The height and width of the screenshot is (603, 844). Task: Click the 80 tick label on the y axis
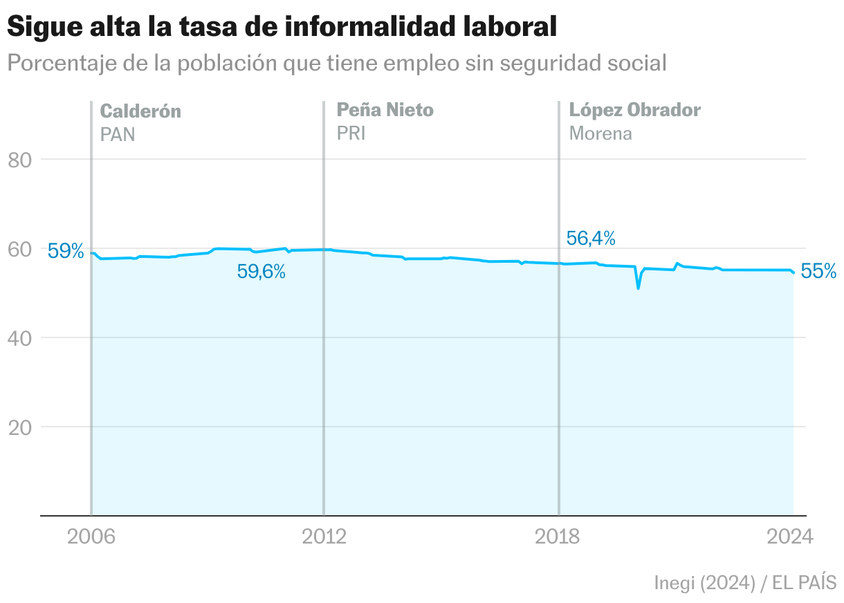point(21,160)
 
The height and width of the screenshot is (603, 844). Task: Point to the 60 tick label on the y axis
point(21,249)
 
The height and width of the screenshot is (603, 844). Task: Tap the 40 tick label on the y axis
point(21,338)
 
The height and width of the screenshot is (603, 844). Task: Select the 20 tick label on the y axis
point(21,427)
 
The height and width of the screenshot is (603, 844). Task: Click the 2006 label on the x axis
point(91,537)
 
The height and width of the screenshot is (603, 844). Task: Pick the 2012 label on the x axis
point(324,537)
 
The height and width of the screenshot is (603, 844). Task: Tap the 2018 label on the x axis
point(559,537)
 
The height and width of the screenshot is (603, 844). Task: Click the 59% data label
point(65,251)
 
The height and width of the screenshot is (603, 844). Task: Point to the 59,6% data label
point(262,272)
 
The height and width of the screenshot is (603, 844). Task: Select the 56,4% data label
point(591,239)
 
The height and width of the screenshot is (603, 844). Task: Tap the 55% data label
point(818,272)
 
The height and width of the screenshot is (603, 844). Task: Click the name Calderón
point(140,111)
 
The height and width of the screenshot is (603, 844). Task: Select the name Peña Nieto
point(385,109)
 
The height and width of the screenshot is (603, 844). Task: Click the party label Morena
point(600,133)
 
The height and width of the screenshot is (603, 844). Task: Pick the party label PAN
point(118,133)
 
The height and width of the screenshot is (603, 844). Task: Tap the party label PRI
point(351,133)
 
